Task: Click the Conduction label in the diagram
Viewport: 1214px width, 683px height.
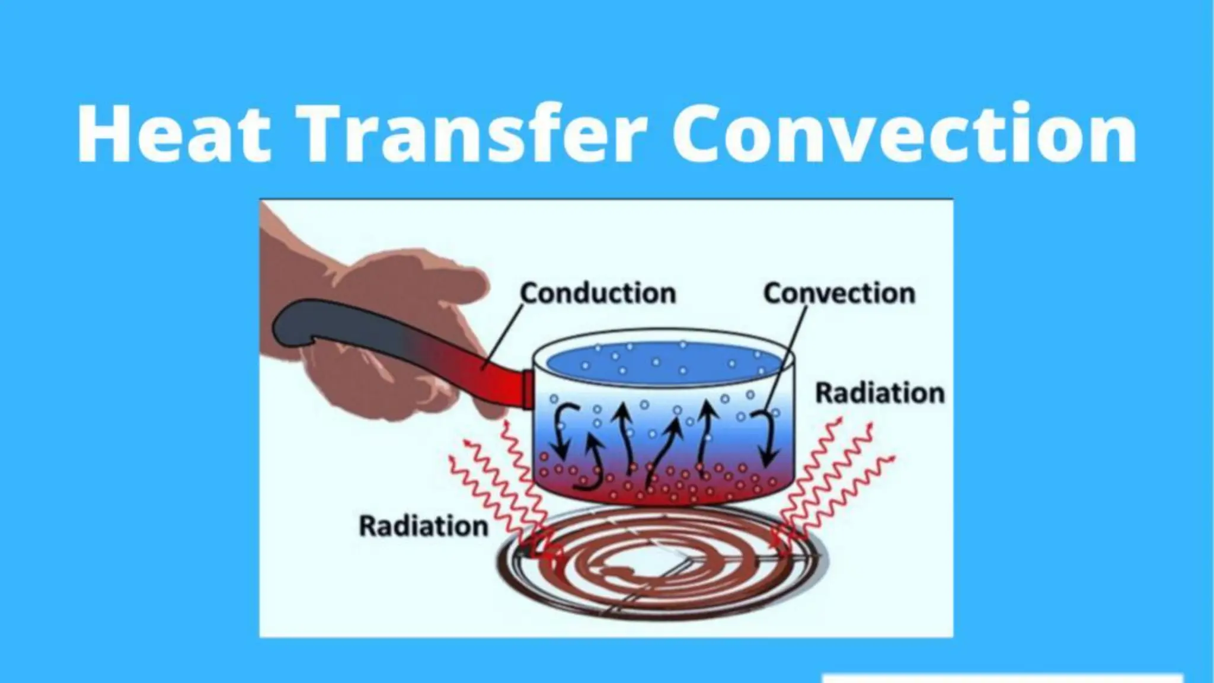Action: pyautogui.click(x=598, y=293)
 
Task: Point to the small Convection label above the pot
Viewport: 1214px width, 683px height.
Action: pyautogui.click(x=839, y=293)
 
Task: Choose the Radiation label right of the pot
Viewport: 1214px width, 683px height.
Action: pyautogui.click(x=880, y=393)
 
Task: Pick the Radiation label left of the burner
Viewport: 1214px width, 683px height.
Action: pyautogui.click(x=423, y=526)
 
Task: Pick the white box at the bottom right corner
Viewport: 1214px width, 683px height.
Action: pyautogui.click(x=1002, y=677)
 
